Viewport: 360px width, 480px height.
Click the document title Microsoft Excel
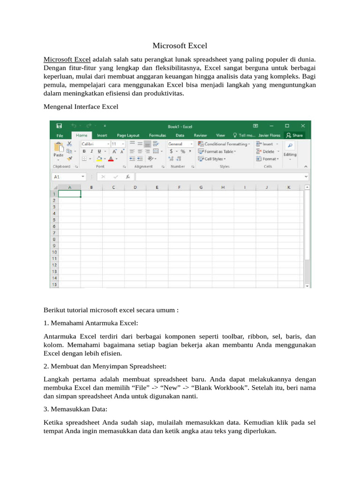[x=180, y=46]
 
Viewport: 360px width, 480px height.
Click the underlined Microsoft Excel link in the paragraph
[x=67, y=60]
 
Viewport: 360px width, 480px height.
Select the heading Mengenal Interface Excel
[x=81, y=106]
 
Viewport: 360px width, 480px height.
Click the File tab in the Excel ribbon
[x=60, y=135]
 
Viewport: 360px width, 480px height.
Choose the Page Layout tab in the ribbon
[x=128, y=135]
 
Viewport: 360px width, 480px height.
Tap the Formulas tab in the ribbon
[x=157, y=135]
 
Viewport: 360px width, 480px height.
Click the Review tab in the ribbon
[x=200, y=135]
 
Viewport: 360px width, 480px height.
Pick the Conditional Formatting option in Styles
[x=224, y=144]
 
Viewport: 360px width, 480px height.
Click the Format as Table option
[x=217, y=151]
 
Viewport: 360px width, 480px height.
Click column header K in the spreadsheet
[x=288, y=187]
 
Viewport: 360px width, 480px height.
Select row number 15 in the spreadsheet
[x=54, y=284]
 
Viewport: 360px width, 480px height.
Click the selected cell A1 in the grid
[x=69, y=194]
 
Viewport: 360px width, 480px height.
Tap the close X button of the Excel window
[x=303, y=126]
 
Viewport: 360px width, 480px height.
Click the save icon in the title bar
[x=59, y=126]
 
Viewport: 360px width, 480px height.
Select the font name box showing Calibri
[x=94, y=144]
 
